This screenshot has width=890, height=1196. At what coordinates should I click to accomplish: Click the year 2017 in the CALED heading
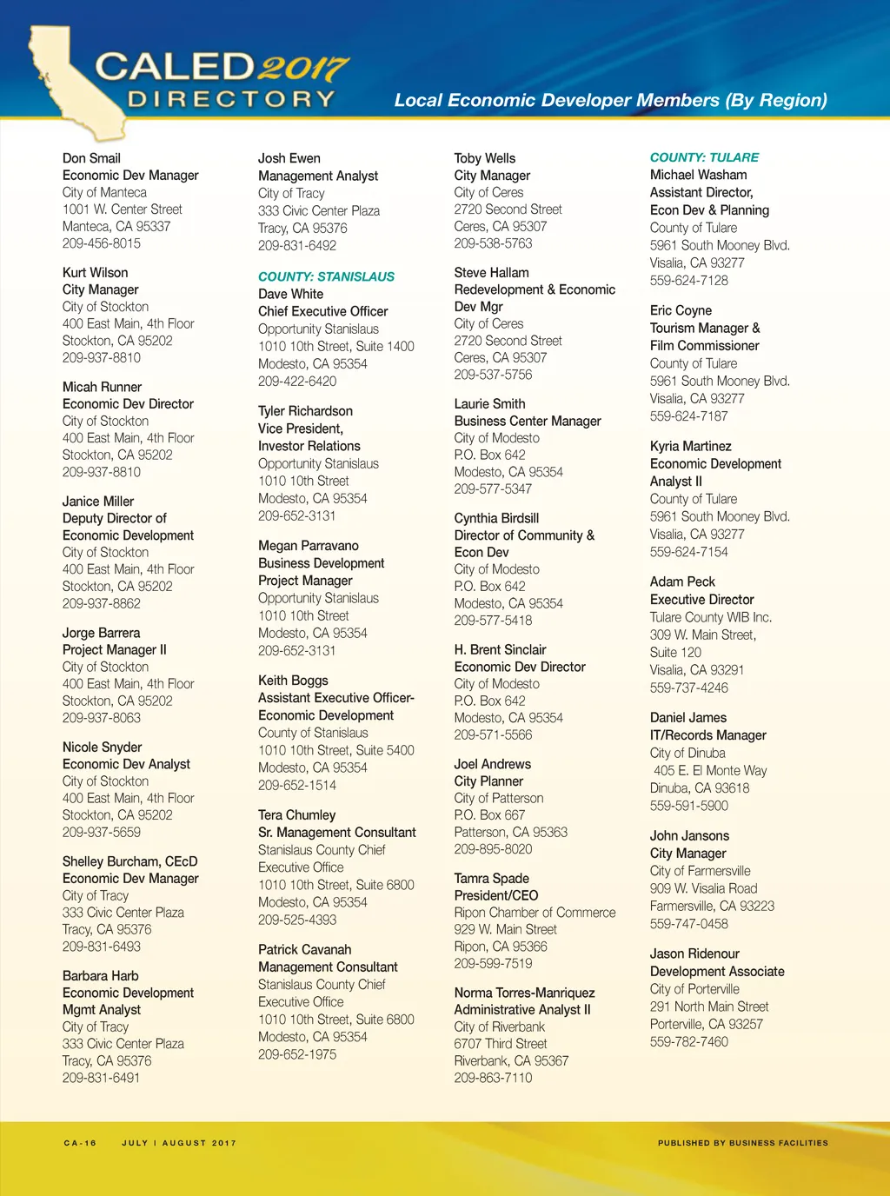point(304,69)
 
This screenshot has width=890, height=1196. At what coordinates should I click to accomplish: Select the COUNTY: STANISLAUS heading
point(326,276)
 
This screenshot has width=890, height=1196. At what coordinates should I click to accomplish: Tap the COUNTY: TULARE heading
point(704,157)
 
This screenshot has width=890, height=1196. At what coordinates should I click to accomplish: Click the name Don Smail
point(91,158)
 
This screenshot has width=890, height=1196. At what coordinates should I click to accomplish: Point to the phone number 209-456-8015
point(101,243)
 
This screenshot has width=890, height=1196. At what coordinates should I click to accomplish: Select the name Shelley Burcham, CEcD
point(130,861)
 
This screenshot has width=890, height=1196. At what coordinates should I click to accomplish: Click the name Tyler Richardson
point(305,411)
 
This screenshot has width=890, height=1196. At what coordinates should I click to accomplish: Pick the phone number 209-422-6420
point(297,381)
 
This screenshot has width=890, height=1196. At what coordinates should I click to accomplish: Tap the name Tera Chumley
point(296,815)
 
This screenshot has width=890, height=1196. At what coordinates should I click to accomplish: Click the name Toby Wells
point(484,158)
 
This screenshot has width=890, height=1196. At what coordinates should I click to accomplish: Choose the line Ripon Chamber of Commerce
point(535,913)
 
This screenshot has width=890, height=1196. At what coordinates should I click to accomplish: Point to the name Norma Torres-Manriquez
point(524,993)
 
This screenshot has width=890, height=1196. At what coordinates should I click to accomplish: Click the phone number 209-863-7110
point(493,1078)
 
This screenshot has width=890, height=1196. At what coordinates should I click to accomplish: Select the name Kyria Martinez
point(690,446)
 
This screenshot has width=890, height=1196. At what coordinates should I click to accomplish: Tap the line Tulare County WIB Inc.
point(710,617)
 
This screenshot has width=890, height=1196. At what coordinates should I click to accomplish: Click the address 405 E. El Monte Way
point(710,770)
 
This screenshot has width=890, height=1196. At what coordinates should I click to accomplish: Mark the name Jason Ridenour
point(694,953)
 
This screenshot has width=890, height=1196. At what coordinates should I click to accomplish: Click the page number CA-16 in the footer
point(80,1143)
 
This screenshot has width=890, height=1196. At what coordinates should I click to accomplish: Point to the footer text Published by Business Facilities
point(742,1143)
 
